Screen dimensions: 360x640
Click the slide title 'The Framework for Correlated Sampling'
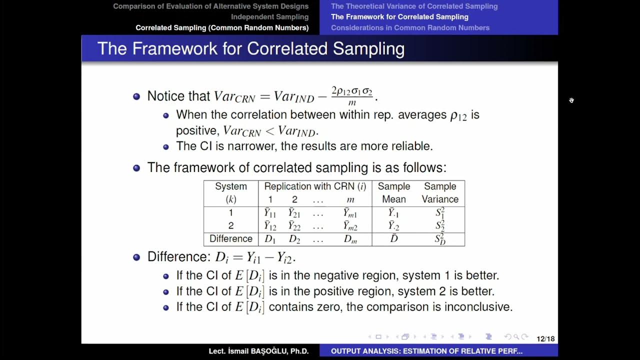250,48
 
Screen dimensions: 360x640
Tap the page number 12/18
545,339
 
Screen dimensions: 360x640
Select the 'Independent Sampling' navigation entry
269,17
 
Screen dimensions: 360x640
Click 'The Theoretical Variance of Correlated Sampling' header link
414,6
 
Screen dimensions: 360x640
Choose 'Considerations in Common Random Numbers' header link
410,27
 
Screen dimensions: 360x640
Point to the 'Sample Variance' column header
440,192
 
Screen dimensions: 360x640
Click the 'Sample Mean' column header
394,192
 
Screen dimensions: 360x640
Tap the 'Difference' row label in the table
231,239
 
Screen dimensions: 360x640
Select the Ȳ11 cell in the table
270,213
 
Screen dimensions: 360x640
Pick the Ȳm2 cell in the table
350,226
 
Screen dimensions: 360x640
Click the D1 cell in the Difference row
270,239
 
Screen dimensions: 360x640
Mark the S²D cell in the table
440,239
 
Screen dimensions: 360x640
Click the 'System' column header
231,186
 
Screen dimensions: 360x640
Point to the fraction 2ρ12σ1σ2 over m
352,96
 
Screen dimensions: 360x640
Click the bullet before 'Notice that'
136,96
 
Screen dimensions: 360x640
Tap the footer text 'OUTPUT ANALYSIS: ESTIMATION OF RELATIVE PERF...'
426,351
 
